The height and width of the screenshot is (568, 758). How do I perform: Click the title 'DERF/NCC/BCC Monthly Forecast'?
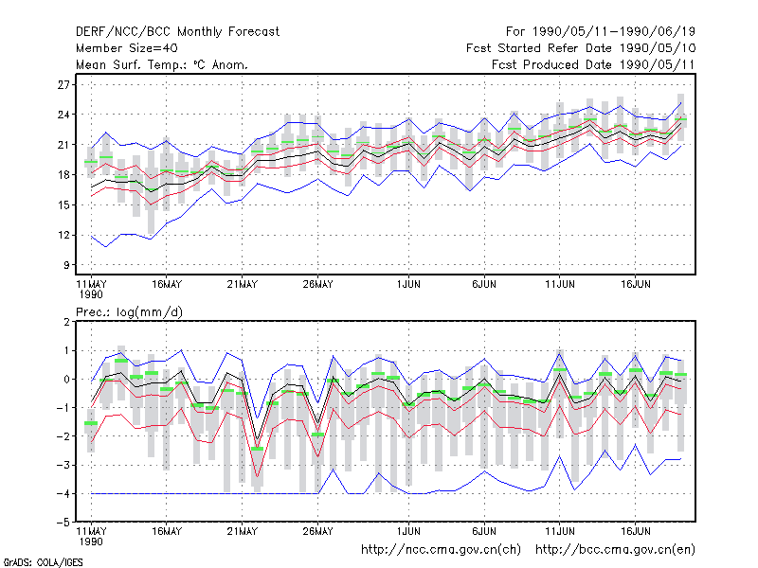(177, 32)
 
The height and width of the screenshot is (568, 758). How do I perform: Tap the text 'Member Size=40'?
(127, 48)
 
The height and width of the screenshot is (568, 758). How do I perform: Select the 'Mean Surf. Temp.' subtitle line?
(162, 64)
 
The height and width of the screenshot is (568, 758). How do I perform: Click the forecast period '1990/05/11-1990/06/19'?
(613, 32)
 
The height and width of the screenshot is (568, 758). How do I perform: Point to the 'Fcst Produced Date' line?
(593, 64)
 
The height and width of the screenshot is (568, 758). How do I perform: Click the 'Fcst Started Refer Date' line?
(581, 48)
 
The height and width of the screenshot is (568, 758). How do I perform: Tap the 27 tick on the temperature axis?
(63, 85)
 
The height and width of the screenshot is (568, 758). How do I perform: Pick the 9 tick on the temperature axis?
(66, 265)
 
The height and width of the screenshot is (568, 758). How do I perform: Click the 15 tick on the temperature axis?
(63, 205)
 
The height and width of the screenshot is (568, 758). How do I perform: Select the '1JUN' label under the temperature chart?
(408, 285)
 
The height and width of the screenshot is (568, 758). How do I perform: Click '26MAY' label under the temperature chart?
(317, 285)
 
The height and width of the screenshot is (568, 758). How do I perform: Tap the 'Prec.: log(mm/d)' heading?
(129, 312)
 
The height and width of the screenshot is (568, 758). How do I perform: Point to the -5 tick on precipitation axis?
(63, 523)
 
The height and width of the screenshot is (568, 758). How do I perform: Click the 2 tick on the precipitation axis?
(66, 322)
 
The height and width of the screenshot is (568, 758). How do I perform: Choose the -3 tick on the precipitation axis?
(63, 466)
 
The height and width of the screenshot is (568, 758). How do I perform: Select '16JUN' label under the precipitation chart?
(635, 531)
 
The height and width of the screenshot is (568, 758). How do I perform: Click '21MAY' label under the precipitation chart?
(243, 531)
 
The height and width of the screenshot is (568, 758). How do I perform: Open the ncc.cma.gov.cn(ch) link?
(441, 550)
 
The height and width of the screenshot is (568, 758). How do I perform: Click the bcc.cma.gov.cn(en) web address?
(615, 550)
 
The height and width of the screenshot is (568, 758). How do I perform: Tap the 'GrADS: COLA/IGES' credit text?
(43, 562)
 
